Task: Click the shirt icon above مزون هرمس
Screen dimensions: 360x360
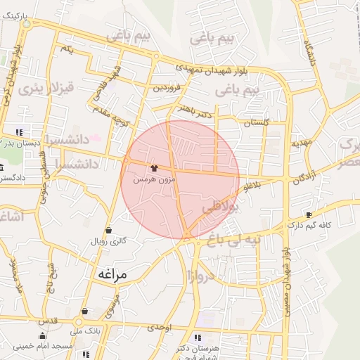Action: click(x=154, y=168)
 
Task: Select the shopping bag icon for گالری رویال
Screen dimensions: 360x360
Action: click(x=108, y=230)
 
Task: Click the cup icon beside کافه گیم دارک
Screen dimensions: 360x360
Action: click(x=309, y=214)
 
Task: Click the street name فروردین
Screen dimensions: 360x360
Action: click(x=169, y=88)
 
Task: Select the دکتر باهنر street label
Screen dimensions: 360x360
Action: click(x=192, y=109)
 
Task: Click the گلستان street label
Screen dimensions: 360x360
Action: click(x=256, y=122)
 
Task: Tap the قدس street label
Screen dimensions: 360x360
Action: click(x=48, y=321)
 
